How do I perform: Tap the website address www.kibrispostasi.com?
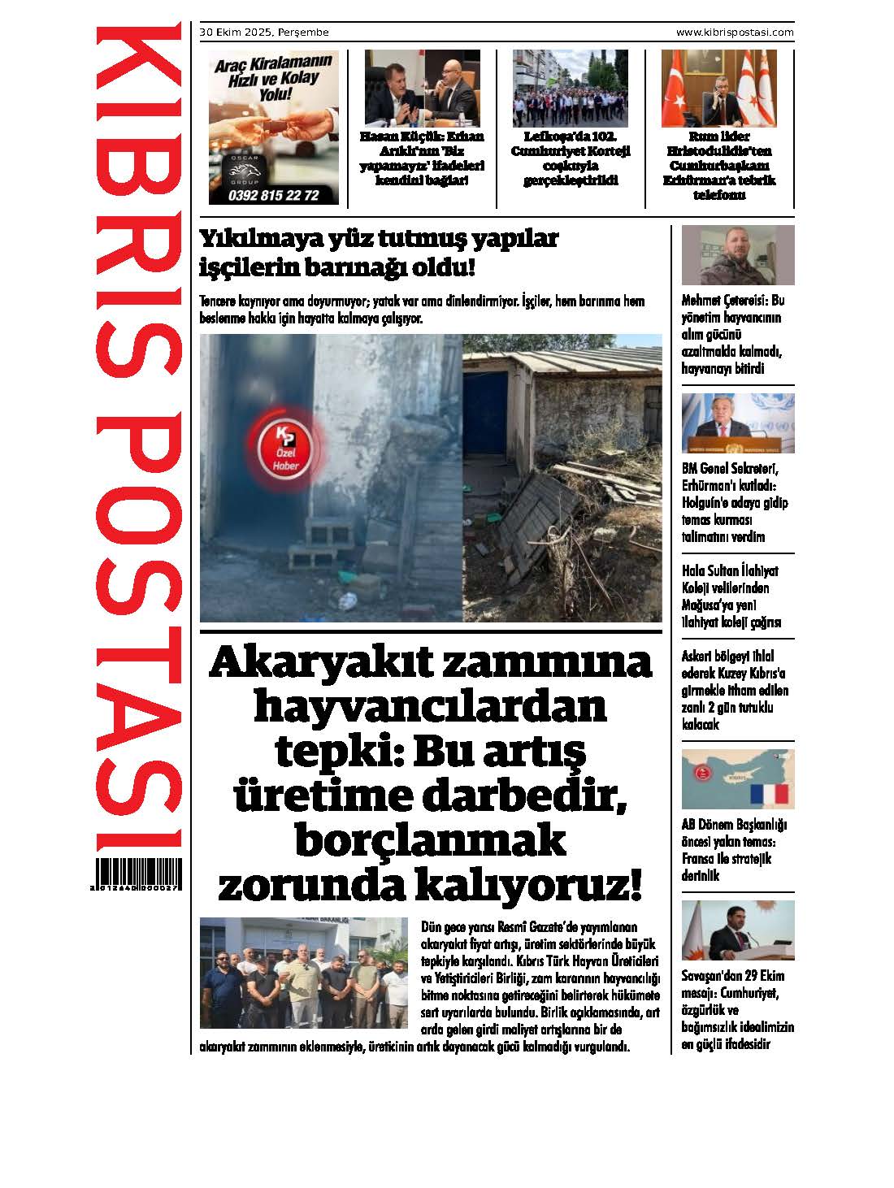[735, 33]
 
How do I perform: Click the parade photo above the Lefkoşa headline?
[571, 89]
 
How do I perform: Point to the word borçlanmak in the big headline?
[430, 839]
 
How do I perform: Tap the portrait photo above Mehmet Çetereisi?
[737, 255]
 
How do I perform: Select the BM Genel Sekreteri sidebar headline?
[735, 502]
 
